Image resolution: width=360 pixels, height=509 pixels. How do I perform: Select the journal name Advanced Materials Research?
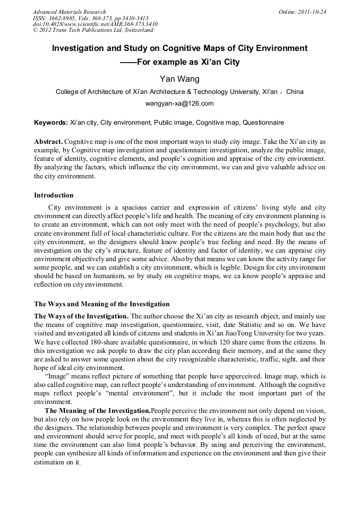point(70,12)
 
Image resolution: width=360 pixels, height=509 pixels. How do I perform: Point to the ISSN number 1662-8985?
point(59,18)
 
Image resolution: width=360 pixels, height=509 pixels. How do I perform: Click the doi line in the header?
point(95,24)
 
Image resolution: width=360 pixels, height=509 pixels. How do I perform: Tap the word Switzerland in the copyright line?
point(137,31)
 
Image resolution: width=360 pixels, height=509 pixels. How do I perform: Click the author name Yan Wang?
point(179,79)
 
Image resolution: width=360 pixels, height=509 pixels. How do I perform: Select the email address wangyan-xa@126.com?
point(179,103)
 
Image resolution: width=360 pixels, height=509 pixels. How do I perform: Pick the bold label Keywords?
point(51,123)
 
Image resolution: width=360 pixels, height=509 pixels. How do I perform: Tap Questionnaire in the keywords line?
point(263,123)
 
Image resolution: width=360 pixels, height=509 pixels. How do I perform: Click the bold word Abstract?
point(48,142)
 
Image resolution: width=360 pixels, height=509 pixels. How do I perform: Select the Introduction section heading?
point(54,195)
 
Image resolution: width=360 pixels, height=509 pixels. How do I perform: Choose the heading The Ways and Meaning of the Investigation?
point(102,304)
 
